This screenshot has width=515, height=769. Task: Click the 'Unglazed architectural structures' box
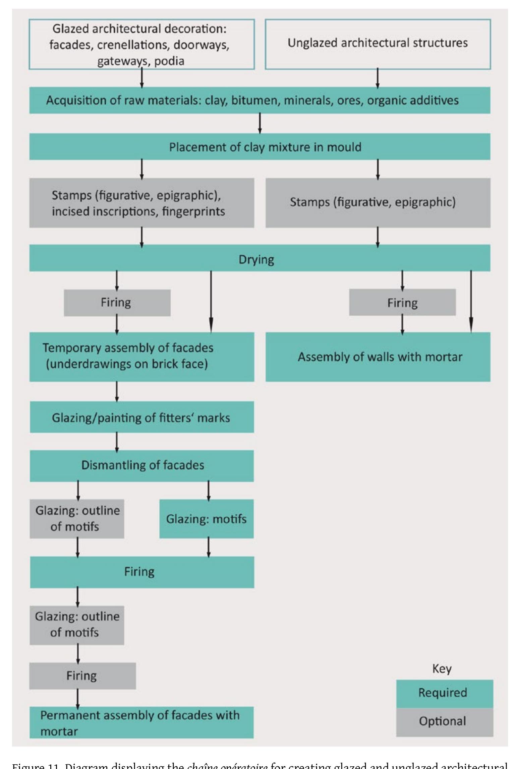click(x=378, y=44)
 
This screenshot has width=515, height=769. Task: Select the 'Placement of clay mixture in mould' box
click(x=260, y=147)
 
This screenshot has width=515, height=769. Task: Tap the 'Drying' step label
click(x=256, y=260)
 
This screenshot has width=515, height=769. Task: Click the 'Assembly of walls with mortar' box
click(x=378, y=357)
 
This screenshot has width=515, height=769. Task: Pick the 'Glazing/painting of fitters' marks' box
click(x=142, y=417)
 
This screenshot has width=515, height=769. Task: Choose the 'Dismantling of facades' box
click(x=142, y=465)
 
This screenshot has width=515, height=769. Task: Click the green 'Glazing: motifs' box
click(x=206, y=519)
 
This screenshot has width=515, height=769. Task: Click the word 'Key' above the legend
click(x=442, y=668)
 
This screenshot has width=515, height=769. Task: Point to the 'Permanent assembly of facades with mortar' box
click(x=141, y=723)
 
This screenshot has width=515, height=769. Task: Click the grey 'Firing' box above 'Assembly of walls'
click(x=402, y=303)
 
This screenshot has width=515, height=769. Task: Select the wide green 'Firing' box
click(x=142, y=572)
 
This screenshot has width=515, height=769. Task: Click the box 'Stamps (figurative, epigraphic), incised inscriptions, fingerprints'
click(x=142, y=203)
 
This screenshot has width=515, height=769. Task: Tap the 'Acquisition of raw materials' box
click(x=260, y=100)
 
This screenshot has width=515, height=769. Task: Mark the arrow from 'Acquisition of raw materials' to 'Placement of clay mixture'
click(x=260, y=123)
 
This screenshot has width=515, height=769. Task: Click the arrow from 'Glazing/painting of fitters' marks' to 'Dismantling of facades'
click(x=117, y=441)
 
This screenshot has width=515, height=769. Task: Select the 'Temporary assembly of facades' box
click(x=142, y=357)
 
